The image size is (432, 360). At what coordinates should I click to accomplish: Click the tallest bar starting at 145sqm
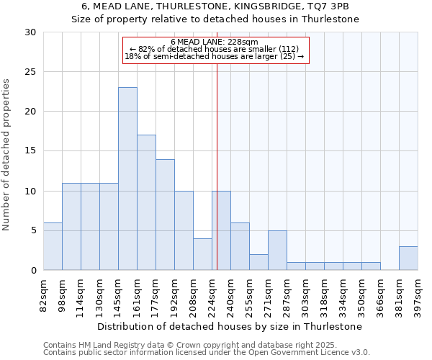coord(127,179)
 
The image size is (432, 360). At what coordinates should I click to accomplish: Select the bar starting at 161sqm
coord(146,202)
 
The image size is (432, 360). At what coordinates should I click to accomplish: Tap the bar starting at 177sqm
coord(165,215)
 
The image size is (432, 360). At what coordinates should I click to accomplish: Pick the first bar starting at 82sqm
coord(53,246)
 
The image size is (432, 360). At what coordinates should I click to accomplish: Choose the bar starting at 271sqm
coord(277,250)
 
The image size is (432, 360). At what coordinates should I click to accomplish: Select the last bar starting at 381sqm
coord(408,258)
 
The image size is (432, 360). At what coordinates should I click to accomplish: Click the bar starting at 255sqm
coord(258,262)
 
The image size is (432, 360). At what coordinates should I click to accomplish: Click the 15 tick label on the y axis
coord(30,151)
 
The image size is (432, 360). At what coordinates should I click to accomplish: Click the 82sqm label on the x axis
coord(44,295)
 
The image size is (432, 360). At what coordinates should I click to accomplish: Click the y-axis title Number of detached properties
coord(6,155)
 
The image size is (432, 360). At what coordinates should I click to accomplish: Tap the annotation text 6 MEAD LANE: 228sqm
coord(215,42)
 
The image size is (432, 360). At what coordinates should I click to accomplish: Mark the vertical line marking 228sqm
coord(217,166)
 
